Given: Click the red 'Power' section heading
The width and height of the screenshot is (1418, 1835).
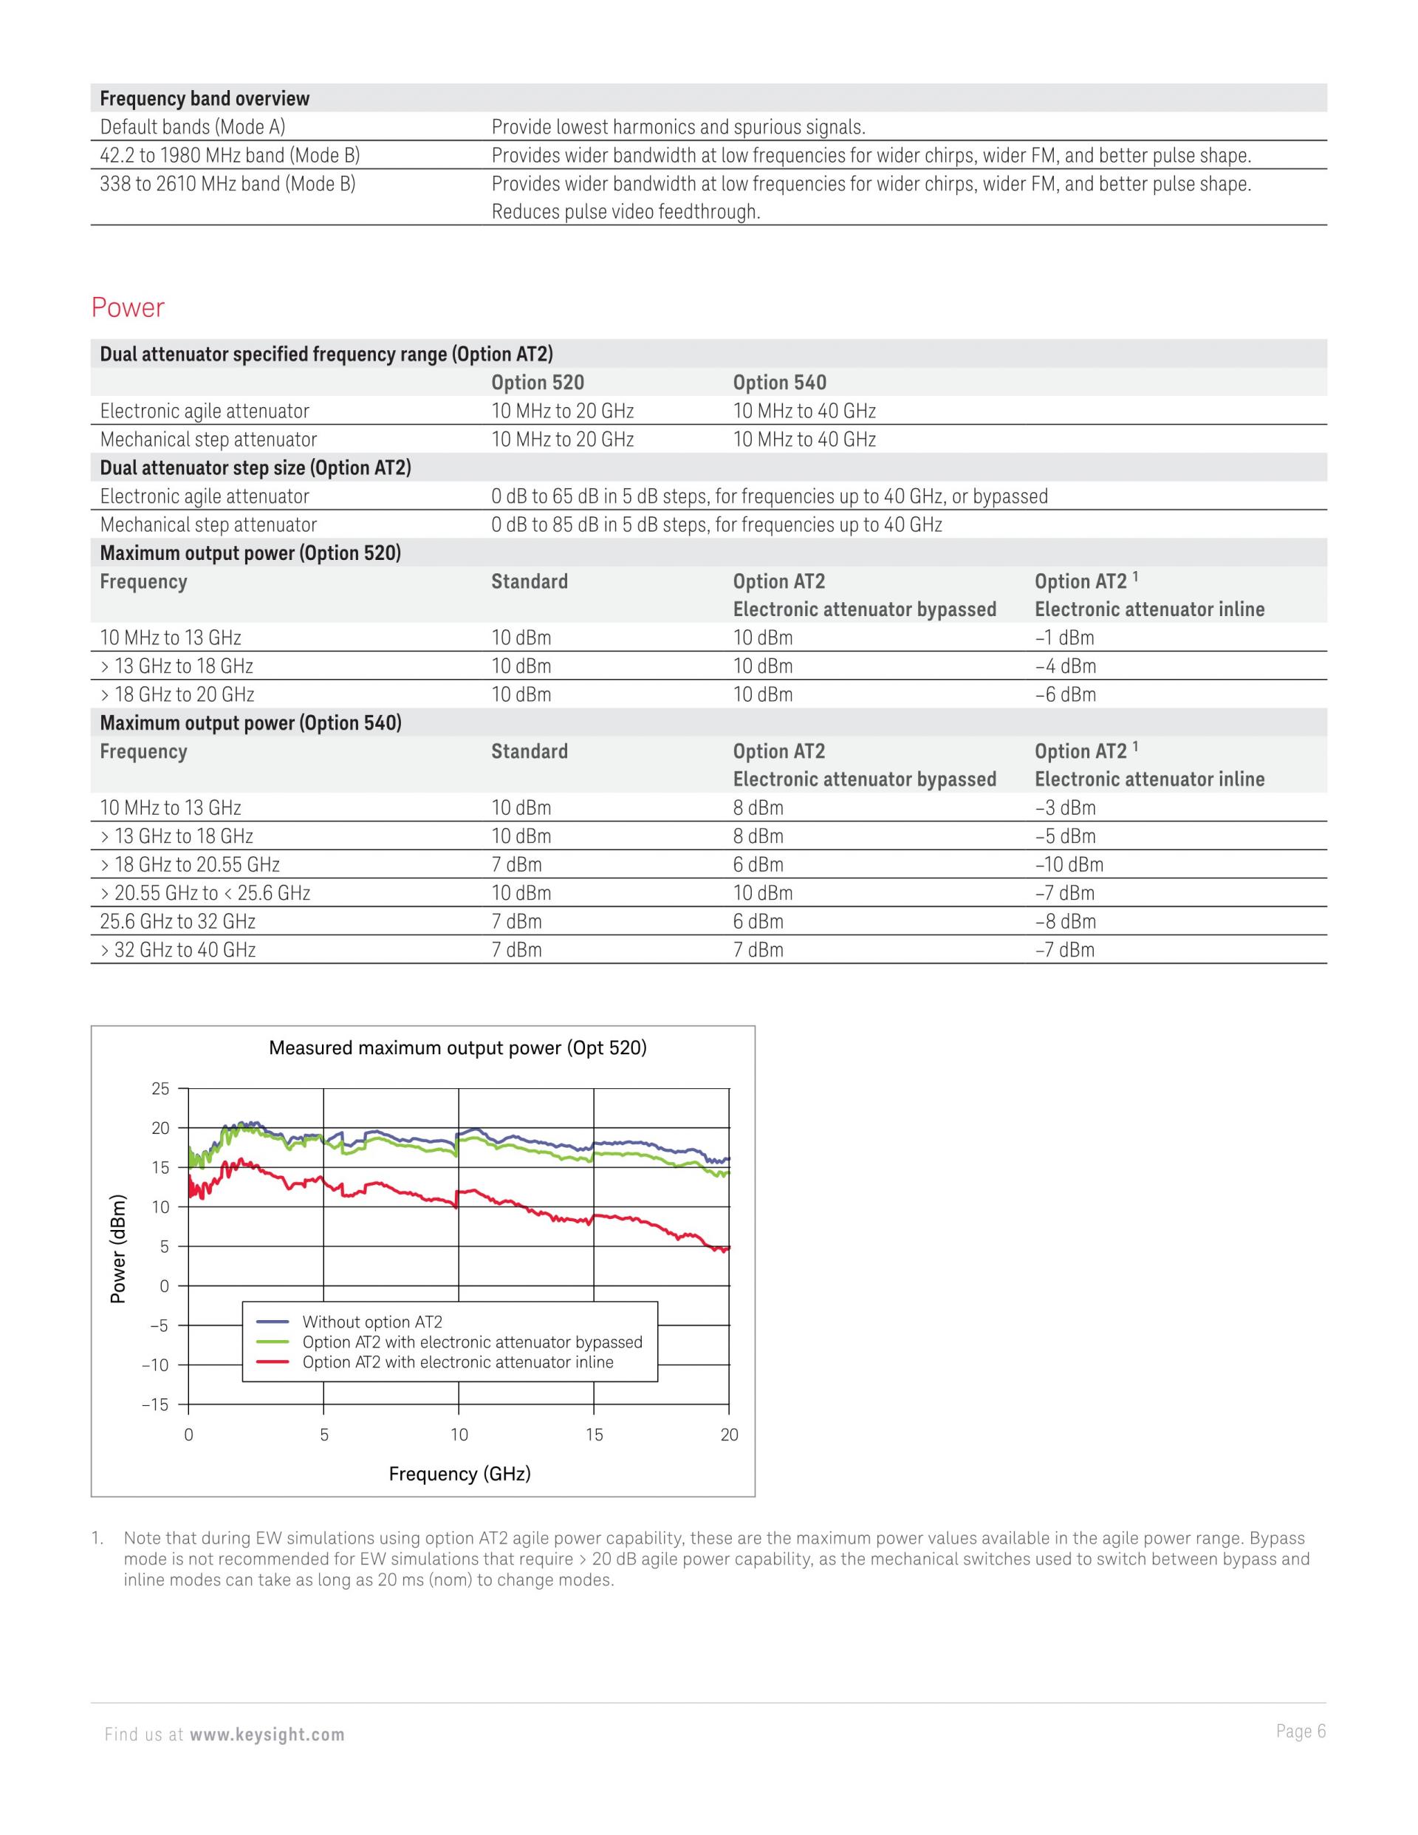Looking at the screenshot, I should [x=128, y=307].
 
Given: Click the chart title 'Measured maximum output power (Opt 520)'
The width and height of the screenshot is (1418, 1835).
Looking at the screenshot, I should [x=457, y=1048].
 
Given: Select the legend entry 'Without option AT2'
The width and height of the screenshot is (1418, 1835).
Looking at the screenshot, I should [x=372, y=1322].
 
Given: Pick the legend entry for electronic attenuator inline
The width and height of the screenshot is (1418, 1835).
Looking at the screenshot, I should [x=457, y=1362].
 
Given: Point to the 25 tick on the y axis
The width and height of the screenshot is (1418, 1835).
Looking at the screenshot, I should [x=160, y=1089].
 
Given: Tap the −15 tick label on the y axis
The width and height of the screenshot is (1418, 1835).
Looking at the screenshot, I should [x=155, y=1404].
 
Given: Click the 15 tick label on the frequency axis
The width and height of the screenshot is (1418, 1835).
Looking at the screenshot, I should [x=594, y=1434].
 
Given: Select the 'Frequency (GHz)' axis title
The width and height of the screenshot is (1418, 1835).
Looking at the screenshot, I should [x=459, y=1473].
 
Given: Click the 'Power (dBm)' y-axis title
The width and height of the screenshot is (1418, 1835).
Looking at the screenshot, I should [x=118, y=1248].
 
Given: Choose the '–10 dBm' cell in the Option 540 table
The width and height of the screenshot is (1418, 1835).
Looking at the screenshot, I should [x=1069, y=864].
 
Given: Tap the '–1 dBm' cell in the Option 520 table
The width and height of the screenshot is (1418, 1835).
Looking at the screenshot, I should [x=1064, y=638].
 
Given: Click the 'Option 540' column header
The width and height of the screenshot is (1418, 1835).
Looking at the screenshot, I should [x=780, y=383].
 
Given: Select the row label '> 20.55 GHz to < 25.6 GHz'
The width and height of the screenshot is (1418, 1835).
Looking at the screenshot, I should [x=205, y=893].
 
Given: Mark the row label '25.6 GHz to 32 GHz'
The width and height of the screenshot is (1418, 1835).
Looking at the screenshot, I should [x=177, y=922].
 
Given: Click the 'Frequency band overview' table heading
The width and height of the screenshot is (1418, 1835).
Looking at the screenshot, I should [x=204, y=98].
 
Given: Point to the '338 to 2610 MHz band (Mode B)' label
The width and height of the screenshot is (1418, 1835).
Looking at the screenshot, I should [x=227, y=183].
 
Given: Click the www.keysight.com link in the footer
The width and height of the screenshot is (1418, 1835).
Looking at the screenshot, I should [x=267, y=1735].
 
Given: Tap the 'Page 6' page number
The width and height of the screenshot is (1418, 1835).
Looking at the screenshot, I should [x=1301, y=1731].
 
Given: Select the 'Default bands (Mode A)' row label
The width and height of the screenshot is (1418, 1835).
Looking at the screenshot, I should [x=192, y=127].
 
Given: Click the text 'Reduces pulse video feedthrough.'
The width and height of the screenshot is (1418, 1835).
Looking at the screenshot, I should [x=626, y=212].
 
